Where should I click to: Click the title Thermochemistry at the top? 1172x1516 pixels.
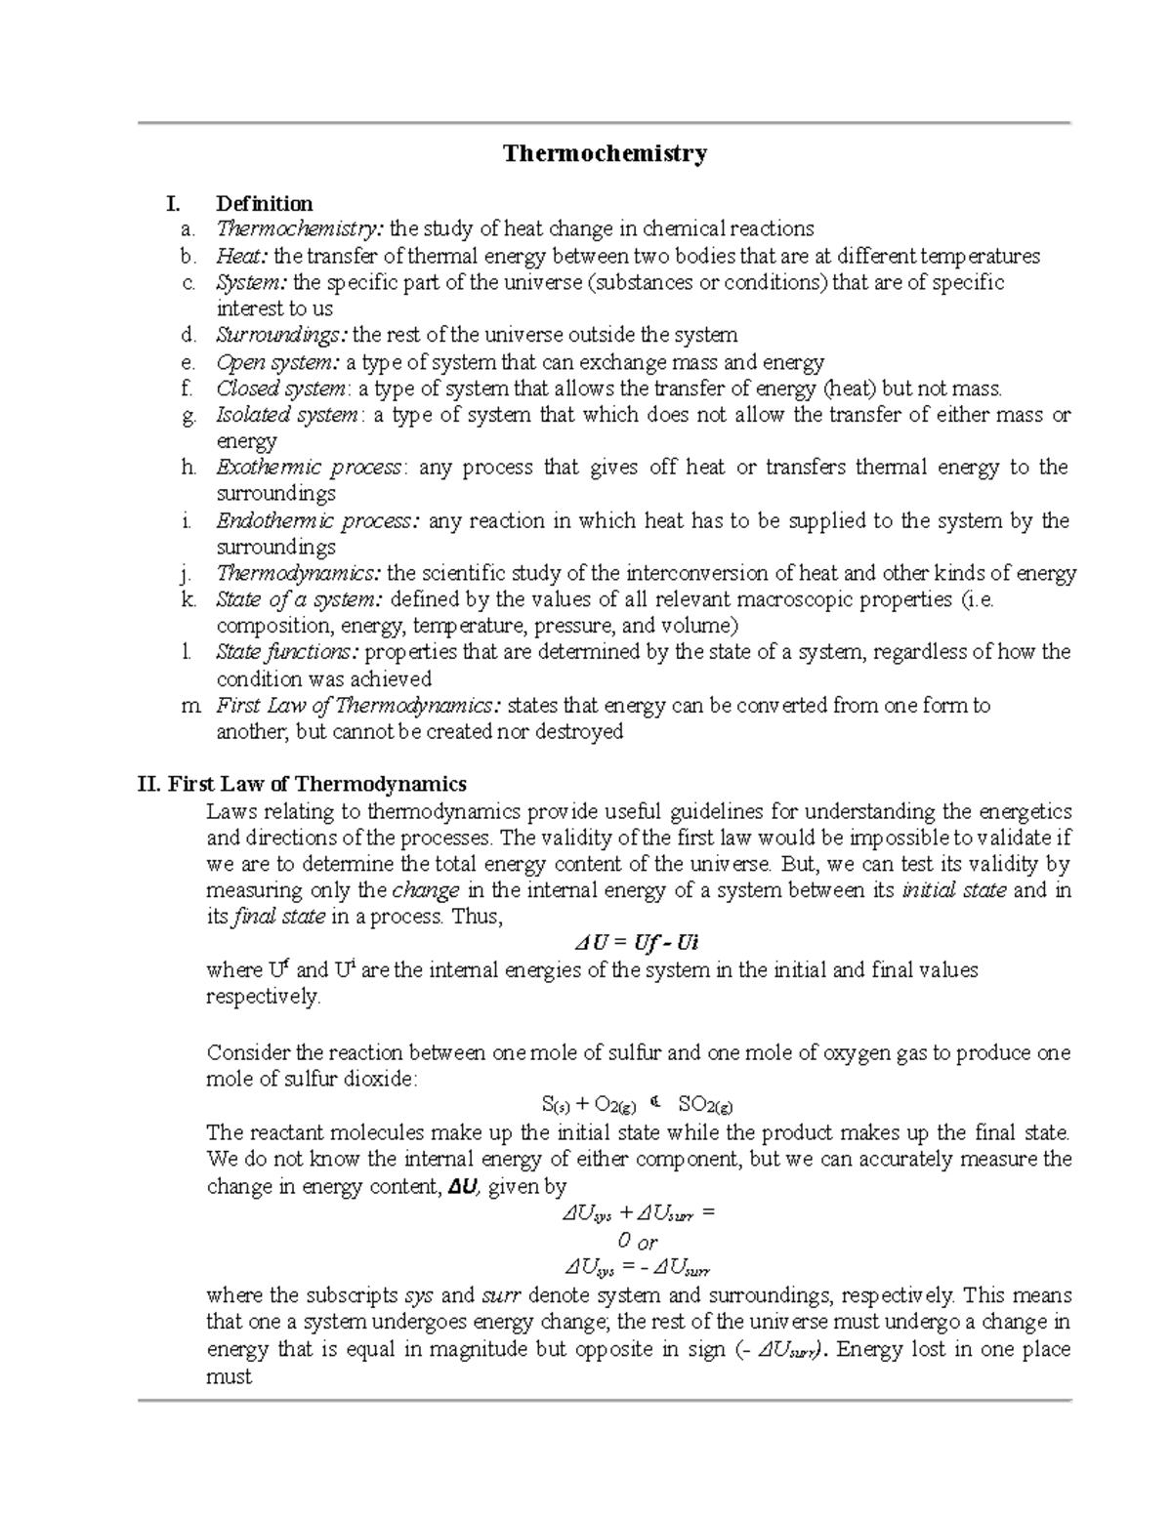tap(605, 153)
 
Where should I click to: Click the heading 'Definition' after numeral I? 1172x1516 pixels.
tap(264, 204)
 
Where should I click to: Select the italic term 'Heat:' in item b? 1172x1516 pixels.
tap(243, 257)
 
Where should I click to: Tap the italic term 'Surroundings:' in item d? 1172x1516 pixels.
tap(281, 336)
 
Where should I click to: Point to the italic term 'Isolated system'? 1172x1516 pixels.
tap(287, 415)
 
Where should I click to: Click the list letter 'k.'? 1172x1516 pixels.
tap(188, 599)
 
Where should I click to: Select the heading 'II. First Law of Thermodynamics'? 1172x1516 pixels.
tap(303, 784)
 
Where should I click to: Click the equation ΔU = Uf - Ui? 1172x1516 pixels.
tap(636, 943)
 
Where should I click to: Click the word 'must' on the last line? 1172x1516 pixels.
tap(230, 1376)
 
